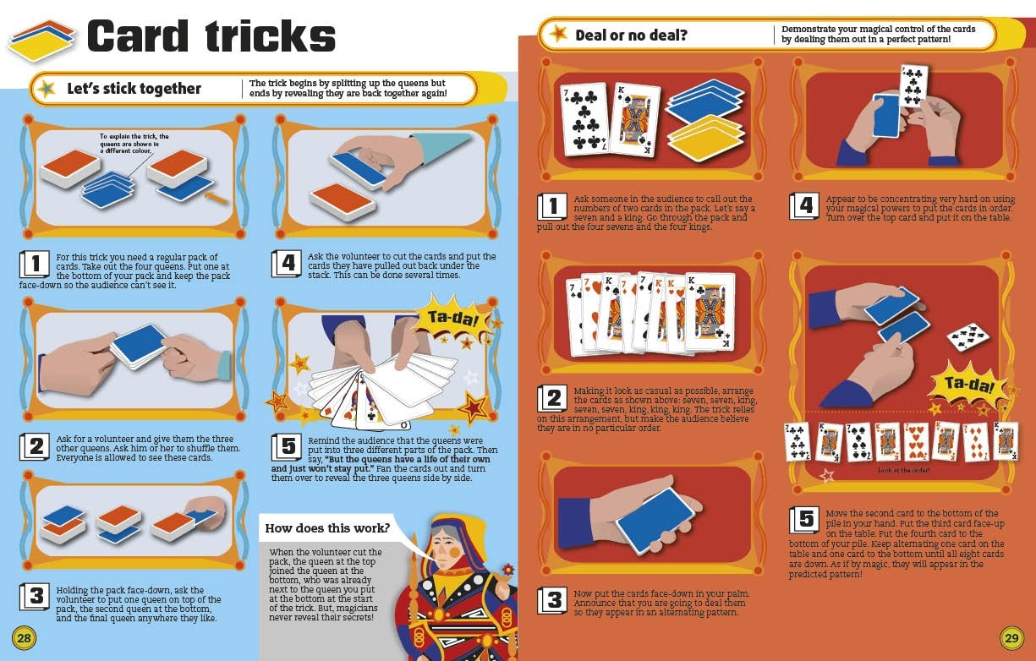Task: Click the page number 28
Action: [24, 638]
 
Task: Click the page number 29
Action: [1011, 638]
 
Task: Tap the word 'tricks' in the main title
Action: [271, 36]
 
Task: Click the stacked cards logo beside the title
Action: [41, 41]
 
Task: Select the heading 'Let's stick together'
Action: [134, 88]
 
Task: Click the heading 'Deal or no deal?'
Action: [631, 36]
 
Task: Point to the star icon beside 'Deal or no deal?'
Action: [559, 34]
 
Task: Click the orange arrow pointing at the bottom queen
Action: [216, 199]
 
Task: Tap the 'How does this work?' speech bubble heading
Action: [327, 528]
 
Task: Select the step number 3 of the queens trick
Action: [35, 596]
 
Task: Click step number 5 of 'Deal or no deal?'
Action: [804, 520]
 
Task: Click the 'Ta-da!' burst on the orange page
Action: [969, 385]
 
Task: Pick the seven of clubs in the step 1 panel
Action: [584, 119]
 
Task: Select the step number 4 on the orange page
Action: [804, 205]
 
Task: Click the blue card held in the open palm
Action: [655, 520]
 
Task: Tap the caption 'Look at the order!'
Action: [903, 470]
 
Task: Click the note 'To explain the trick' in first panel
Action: [134, 144]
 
